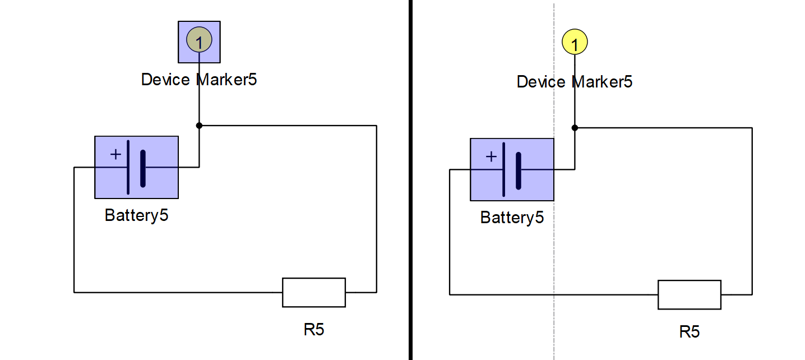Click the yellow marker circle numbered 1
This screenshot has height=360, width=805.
coord(575,42)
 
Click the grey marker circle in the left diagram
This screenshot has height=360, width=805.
coord(199,40)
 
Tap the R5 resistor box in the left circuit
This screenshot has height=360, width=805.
coord(314,292)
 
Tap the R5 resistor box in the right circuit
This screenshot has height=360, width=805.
coord(690,294)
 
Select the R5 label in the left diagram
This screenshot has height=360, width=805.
coord(314,329)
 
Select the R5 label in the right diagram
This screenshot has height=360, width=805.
coord(690,331)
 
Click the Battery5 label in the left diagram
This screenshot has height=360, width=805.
coord(136,215)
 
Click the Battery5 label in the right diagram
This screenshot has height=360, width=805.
coord(512,218)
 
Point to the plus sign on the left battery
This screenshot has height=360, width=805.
coord(115,154)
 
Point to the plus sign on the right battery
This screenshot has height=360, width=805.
coord(491,156)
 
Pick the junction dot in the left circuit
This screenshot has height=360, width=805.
coord(199,126)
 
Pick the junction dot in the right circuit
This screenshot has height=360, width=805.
coord(575,128)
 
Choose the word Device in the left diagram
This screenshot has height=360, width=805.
coord(165,80)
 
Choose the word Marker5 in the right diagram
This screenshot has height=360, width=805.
coord(602,82)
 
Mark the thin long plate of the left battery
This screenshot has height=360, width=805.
coord(128,167)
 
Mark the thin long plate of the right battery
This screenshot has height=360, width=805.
coord(503,169)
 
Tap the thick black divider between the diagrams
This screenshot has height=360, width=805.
coord(410,179)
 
